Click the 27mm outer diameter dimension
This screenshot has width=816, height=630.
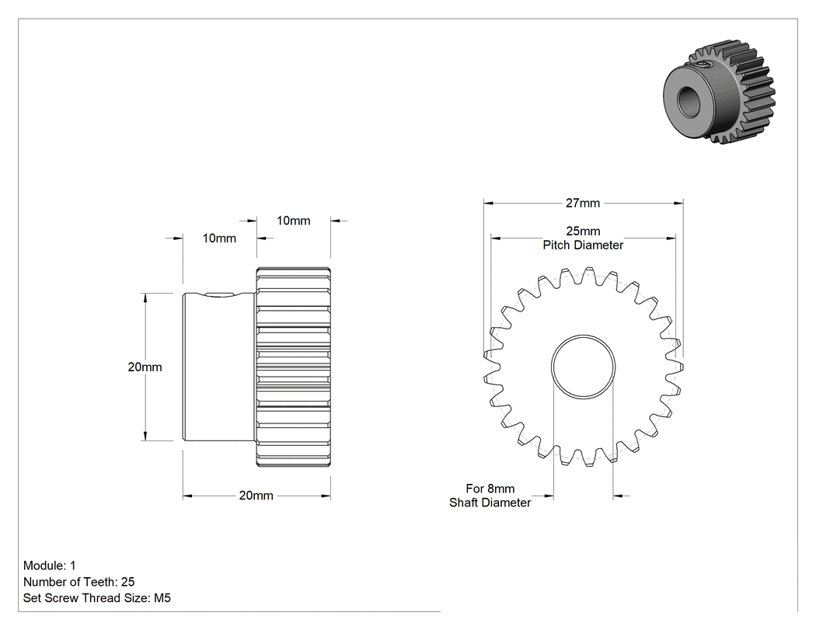click(583, 204)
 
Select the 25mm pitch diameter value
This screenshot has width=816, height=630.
click(583, 231)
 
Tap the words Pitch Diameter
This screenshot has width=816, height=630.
click(583, 245)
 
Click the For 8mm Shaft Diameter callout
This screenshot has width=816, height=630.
click(490, 496)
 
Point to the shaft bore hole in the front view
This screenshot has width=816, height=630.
click(584, 367)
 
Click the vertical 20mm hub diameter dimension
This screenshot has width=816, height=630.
click(145, 367)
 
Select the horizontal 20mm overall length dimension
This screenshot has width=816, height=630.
click(256, 496)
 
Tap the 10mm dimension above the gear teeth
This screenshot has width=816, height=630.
click(294, 221)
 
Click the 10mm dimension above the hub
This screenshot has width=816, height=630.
click(219, 238)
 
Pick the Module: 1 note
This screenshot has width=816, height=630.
click(50, 566)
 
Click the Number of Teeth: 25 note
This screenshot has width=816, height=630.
click(79, 582)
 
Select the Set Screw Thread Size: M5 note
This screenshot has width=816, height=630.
click(97, 598)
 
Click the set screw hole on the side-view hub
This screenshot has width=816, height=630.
click(219, 295)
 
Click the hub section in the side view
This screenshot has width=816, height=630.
click(219, 367)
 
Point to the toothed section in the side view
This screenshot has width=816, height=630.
click(294, 367)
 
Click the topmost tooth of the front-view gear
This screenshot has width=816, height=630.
click(589, 274)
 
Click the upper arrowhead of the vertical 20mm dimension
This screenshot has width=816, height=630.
click(145, 298)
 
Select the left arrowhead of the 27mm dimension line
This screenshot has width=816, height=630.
click(488, 204)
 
